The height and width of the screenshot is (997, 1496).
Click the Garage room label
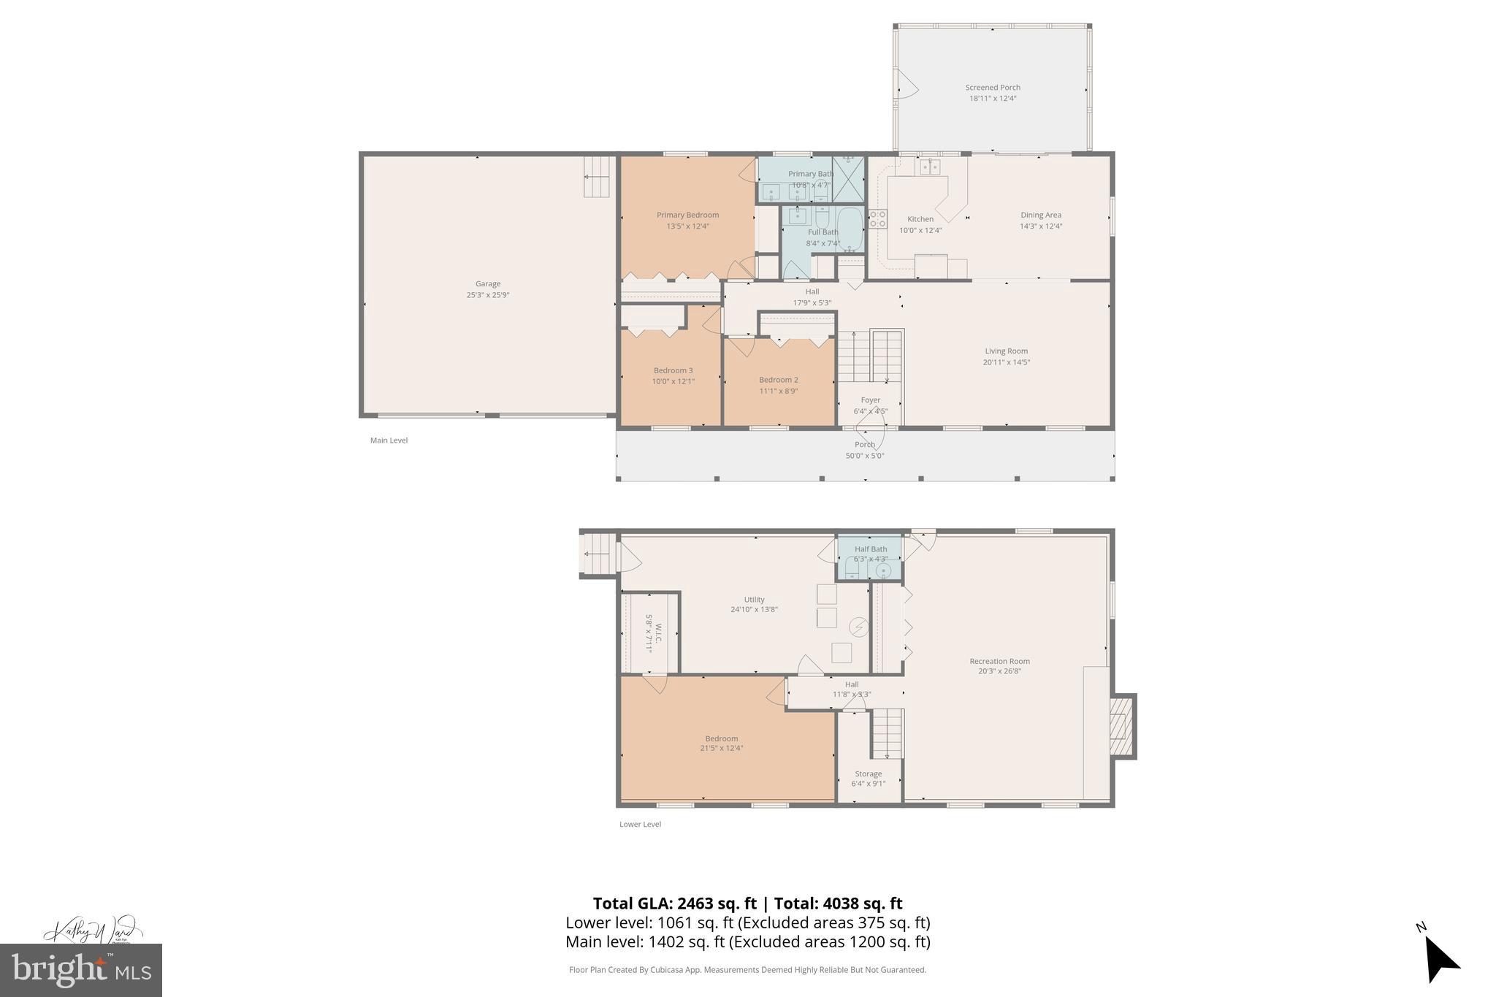coord(488,284)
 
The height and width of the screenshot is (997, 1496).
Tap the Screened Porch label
coord(993,88)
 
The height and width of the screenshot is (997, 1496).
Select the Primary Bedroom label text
coord(687,215)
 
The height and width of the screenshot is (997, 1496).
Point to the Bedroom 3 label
coord(673,370)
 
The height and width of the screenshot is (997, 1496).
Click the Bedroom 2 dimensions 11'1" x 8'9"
coord(778,391)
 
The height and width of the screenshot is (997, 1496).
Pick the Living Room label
coord(1006,351)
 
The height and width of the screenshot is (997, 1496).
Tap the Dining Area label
coord(1041,215)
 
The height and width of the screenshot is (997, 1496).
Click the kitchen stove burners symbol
coord(877,219)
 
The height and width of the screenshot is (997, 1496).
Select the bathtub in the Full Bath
coord(850,229)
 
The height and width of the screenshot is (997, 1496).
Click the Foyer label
coord(870,400)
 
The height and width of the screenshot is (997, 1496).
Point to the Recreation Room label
coord(999,661)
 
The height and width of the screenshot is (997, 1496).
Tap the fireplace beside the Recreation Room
coord(1121,726)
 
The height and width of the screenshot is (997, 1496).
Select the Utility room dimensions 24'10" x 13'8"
coord(754,609)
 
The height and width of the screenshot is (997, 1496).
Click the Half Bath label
coord(871,549)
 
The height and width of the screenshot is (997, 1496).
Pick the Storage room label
coord(868,773)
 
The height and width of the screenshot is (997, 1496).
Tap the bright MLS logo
coord(81,970)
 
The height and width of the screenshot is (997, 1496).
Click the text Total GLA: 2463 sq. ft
coord(674,904)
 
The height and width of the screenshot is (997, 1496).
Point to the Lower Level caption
coord(640,824)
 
